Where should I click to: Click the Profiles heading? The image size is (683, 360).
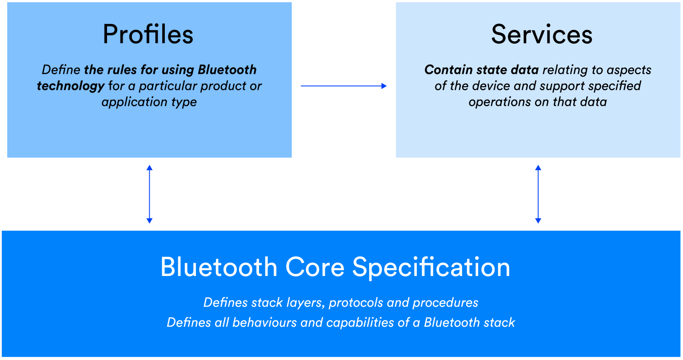tap(148, 34)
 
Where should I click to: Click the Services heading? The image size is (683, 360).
tap(541, 34)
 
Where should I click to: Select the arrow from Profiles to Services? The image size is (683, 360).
tap(343, 86)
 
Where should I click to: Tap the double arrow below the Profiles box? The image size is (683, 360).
tap(149, 194)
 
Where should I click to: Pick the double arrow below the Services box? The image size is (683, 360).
tap(538, 194)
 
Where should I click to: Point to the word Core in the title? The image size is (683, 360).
tap(315, 267)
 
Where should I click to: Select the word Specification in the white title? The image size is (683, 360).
tap(431, 267)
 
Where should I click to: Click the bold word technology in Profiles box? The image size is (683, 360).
tap(71, 86)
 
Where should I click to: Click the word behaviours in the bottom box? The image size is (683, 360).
tap(265, 322)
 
